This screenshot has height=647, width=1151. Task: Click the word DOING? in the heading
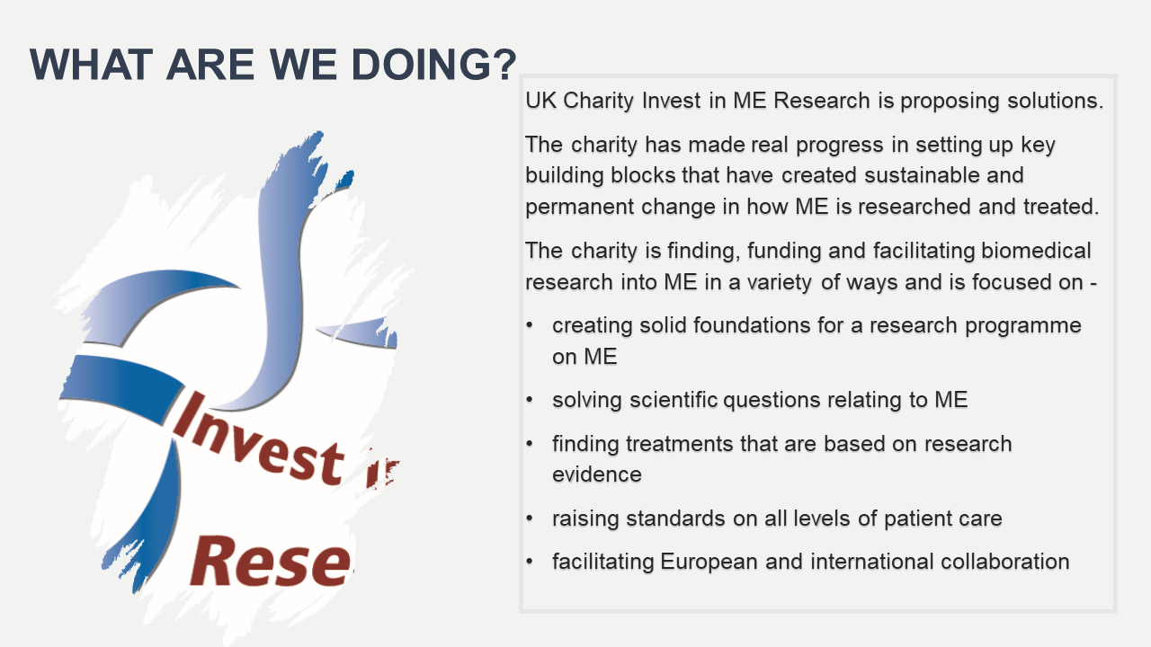pyautogui.click(x=433, y=65)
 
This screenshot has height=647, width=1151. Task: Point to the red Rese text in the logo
pyautogui.click(x=271, y=562)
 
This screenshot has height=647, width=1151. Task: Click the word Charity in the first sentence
pyautogui.click(x=598, y=102)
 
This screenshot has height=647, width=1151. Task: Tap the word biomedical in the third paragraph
pyautogui.click(x=1036, y=251)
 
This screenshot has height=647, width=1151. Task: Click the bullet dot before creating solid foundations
pyautogui.click(x=530, y=325)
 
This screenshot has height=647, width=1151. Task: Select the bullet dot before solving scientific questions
pyautogui.click(x=530, y=400)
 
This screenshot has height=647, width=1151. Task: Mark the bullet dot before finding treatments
pyautogui.click(x=530, y=444)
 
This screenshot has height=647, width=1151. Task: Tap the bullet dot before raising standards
pyautogui.click(x=530, y=518)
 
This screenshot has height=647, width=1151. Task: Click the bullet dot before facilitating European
pyautogui.click(x=530, y=562)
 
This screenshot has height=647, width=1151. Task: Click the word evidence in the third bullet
pyautogui.click(x=597, y=474)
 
